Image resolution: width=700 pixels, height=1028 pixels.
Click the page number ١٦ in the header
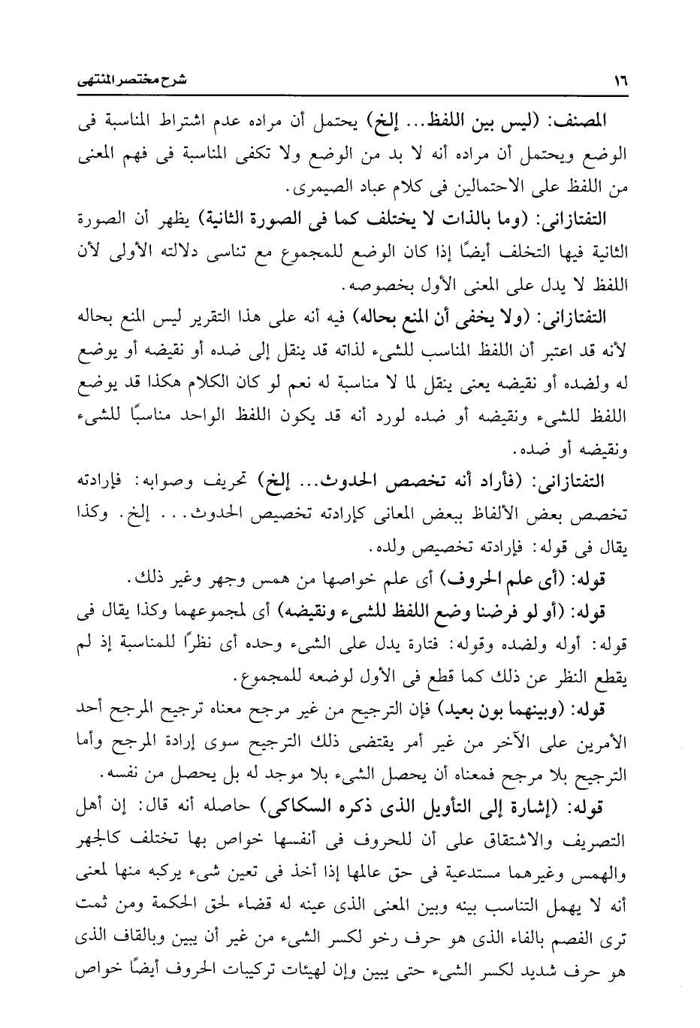620,79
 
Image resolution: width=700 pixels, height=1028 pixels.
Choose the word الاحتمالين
490,184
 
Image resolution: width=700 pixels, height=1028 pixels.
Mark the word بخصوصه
373,286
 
